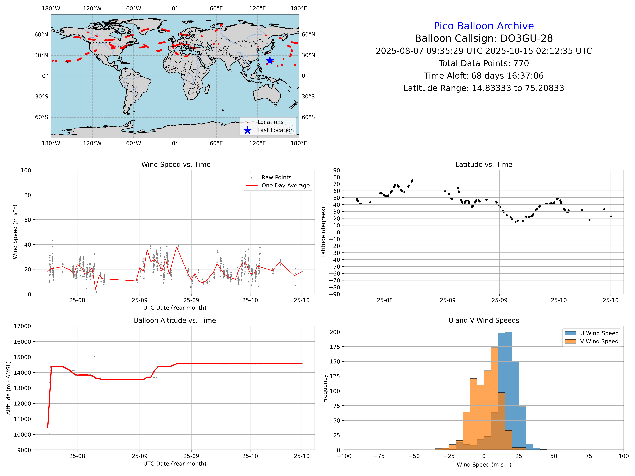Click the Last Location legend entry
pos(275,130)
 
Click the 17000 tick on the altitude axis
pos(22,326)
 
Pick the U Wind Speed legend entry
pos(599,333)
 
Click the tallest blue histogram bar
pos(508,390)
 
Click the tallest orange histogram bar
pos(494,399)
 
